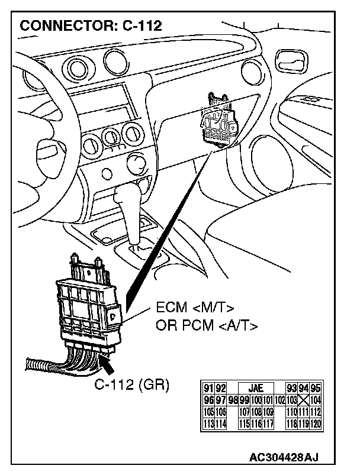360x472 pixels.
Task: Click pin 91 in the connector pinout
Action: [x=208, y=388]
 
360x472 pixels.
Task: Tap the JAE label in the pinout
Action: [x=256, y=388]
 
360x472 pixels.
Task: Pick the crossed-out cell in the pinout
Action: [x=303, y=399]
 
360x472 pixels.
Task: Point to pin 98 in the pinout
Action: [x=233, y=399]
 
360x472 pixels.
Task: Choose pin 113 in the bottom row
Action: [x=208, y=423]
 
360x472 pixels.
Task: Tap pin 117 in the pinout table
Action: [x=268, y=423]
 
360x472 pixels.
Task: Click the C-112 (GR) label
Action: [x=131, y=385]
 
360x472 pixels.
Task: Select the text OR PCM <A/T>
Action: [x=206, y=325]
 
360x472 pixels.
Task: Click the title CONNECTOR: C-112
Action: [x=91, y=25]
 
